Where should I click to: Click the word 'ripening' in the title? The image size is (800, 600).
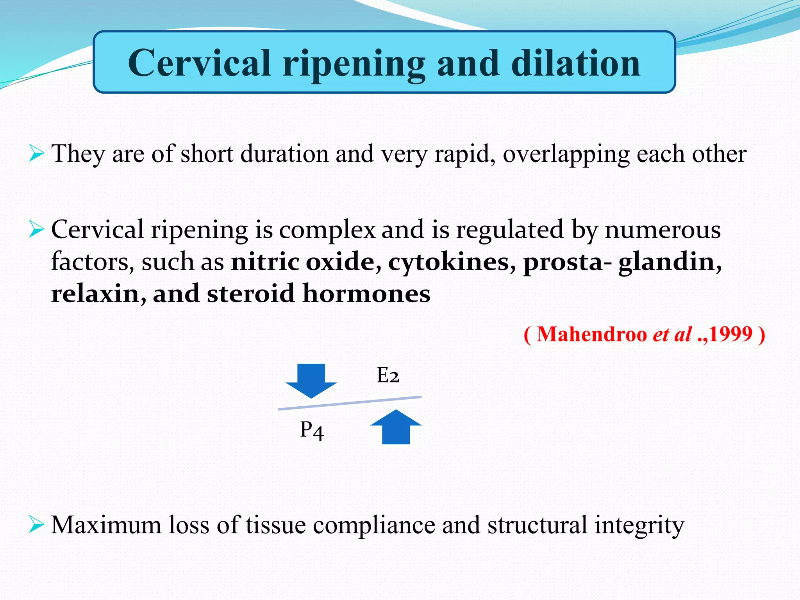[354, 64]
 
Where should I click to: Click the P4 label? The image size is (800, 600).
[312, 430]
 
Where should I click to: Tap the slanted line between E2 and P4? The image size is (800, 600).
[350, 403]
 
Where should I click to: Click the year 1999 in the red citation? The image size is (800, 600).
[730, 334]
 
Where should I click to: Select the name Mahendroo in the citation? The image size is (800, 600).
[591, 334]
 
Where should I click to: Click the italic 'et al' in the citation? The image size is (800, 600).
[672, 334]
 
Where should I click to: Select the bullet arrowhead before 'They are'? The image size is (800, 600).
[36, 153]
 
